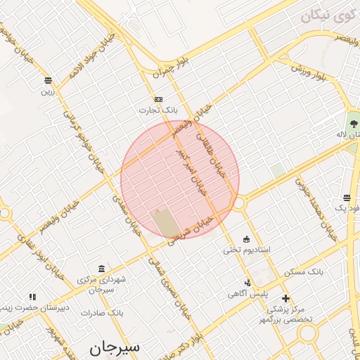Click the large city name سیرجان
pyautogui.click(x=115, y=347)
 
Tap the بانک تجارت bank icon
pyautogui.click(x=159, y=99)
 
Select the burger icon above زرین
pyautogui.click(x=48, y=79)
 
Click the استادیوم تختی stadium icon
pyautogui.click(x=246, y=239)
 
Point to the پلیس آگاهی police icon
pyautogui.click(x=247, y=283)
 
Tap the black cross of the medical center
pyautogui.click(x=285, y=298)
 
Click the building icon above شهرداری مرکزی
pyautogui.click(x=102, y=269)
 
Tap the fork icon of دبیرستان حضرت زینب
pyautogui.click(x=32, y=297)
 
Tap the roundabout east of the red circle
pyautogui.click(x=239, y=203)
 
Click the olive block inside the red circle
pyautogui.click(x=167, y=222)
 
